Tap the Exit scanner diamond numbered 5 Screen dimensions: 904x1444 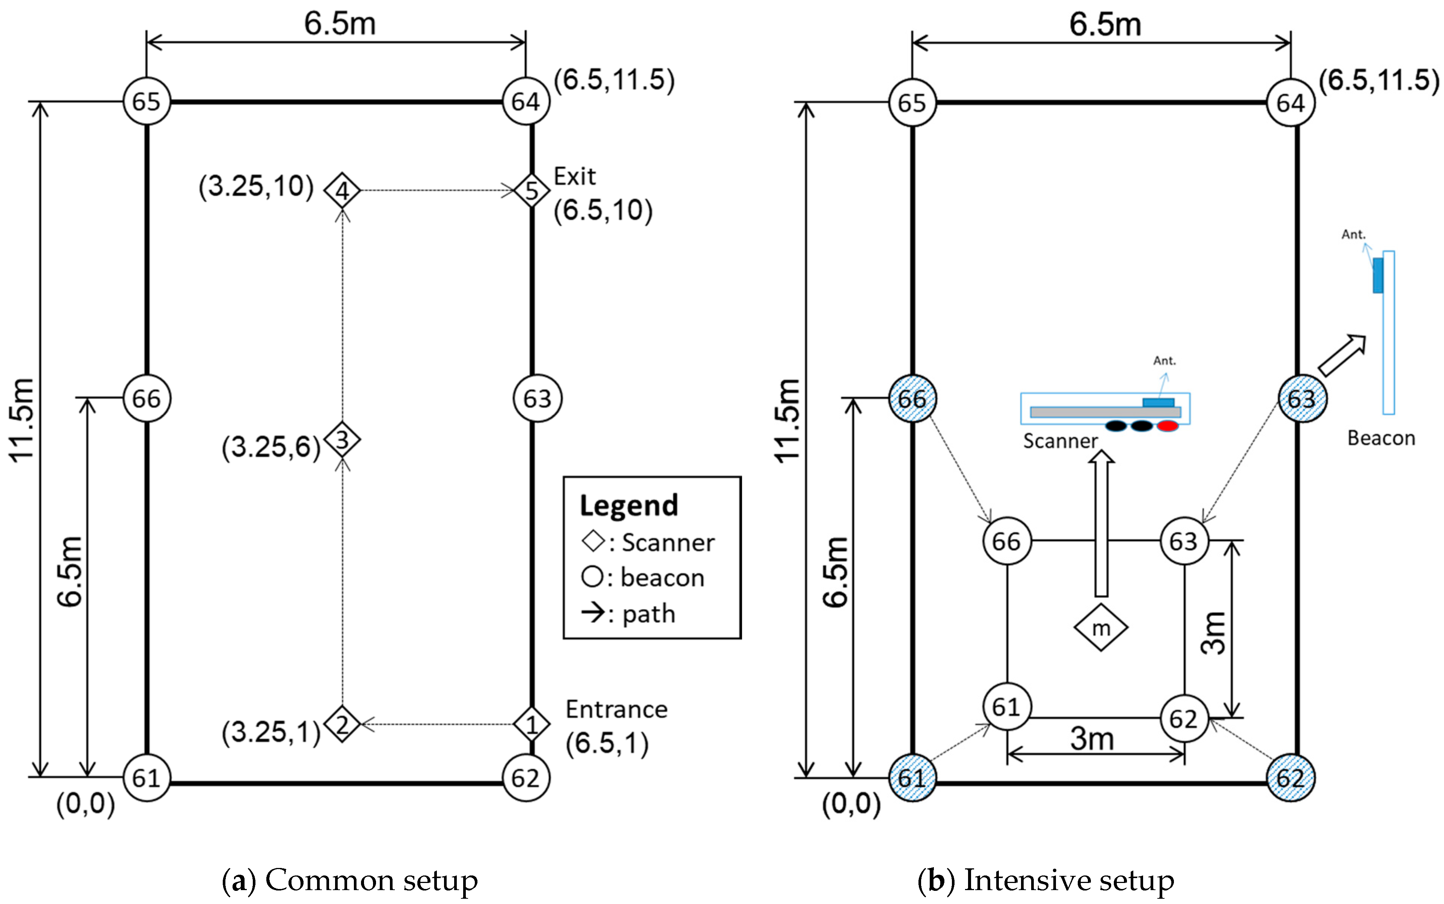pyautogui.click(x=531, y=191)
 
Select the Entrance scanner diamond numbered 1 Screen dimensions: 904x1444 pyautogui.click(x=531, y=725)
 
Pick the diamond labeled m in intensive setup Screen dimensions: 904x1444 pyautogui.click(x=1101, y=628)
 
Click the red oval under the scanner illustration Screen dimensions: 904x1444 pyautogui.click(x=1167, y=426)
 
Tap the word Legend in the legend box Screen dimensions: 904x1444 pyautogui.click(x=629, y=505)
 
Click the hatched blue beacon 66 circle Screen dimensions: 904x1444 pyautogui.click(x=912, y=399)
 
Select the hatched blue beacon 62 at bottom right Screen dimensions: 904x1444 pyautogui.click(x=1290, y=778)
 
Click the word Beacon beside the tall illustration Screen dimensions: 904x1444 pyautogui.click(x=1381, y=438)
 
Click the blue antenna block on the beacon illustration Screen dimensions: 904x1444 pyautogui.click(x=1378, y=276)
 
